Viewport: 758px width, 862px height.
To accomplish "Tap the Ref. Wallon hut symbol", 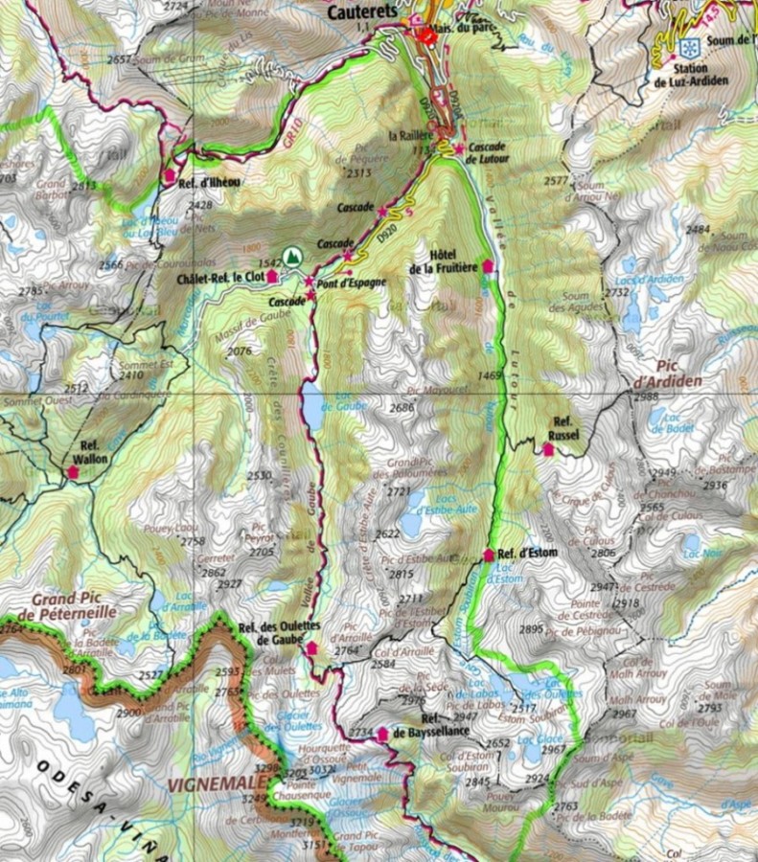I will tap(73, 471).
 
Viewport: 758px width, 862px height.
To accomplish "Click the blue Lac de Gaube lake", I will tap(312, 407).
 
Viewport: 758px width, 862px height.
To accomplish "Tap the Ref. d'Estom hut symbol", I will tap(488, 555).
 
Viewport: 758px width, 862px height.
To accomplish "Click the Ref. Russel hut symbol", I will tap(548, 448).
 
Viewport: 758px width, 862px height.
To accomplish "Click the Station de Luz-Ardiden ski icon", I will tap(685, 48).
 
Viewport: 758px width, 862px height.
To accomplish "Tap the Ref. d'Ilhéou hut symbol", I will tap(170, 175).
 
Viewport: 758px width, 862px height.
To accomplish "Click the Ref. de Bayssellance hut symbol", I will tap(382, 734).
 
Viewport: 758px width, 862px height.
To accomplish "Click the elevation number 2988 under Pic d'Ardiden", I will tap(647, 397).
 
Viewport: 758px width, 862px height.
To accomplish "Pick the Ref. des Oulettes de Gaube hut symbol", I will tap(310, 648).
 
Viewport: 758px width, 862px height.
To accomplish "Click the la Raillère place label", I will tap(407, 136).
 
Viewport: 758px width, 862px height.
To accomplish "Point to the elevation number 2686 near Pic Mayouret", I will tap(401, 408).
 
